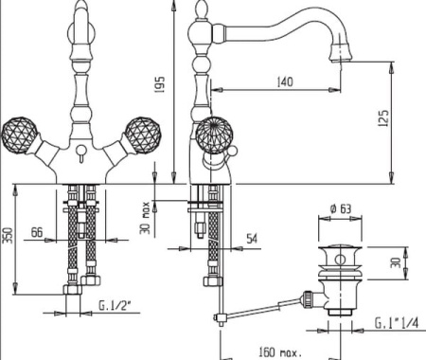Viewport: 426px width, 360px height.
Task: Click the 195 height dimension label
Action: coord(160,84)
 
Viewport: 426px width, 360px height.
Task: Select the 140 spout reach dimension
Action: coord(285,82)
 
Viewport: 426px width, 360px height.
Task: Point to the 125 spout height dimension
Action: coord(383,118)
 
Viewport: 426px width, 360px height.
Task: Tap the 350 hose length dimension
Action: coord(8,235)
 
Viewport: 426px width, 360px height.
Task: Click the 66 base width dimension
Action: coord(37,232)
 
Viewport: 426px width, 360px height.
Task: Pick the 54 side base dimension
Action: coord(252,239)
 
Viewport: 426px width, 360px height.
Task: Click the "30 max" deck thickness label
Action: coord(145,218)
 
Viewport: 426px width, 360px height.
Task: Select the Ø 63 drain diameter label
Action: coord(341,208)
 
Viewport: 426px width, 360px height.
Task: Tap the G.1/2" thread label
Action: coord(115,305)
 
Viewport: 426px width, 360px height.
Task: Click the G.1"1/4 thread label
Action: coord(397,323)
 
